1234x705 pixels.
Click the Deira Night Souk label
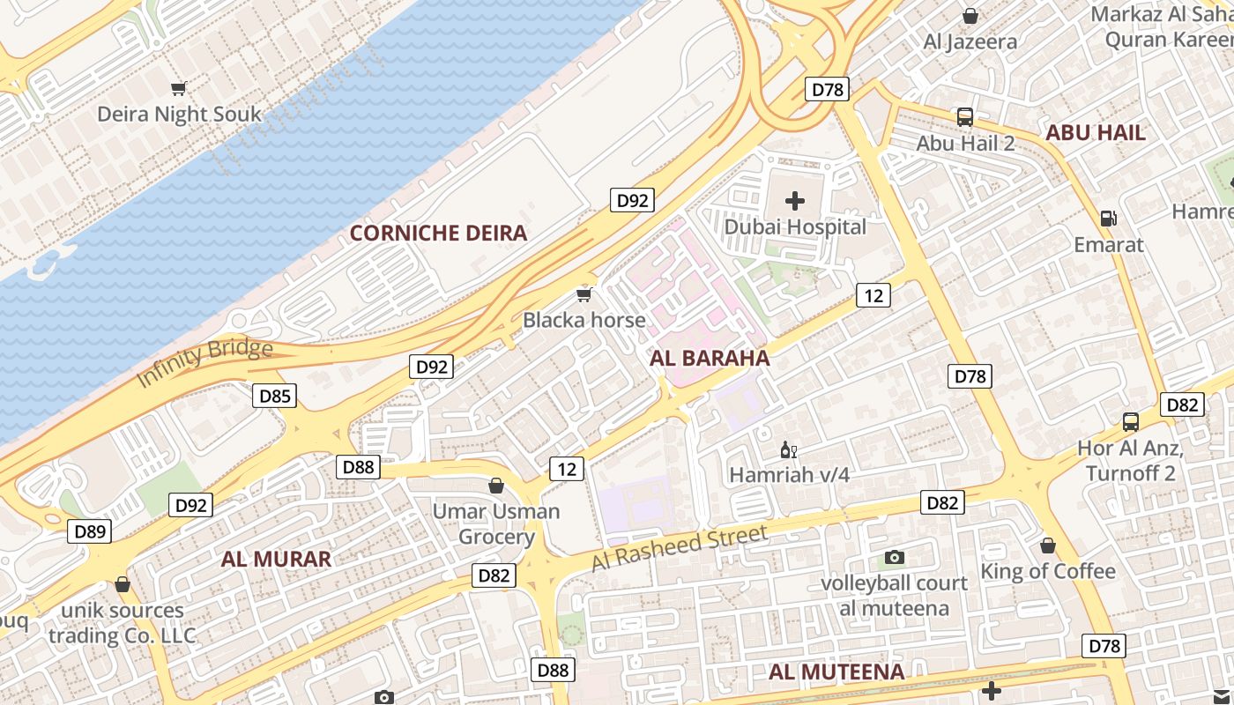coord(179,114)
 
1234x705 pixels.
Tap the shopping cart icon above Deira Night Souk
coord(179,88)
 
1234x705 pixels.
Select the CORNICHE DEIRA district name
coord(438,233)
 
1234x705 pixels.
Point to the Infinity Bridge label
coord(204,362)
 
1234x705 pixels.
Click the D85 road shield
coord(275,396)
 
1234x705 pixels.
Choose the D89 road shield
coord(90,531)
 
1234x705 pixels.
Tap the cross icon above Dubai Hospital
coord(795,201)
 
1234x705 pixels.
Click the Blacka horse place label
coord(584,320)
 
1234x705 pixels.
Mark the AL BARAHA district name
coord(710,358)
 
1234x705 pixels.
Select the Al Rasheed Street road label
coord(679,548)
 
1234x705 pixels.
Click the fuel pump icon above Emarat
coord(1108,218)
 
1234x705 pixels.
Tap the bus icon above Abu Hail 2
coord(965,116)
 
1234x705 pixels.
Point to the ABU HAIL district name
coord(1095,132)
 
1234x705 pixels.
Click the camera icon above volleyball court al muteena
coord(895,557)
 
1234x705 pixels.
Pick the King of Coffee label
coord(1048,571)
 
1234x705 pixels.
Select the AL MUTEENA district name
coord(836,672)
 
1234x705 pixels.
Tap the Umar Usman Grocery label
coord(496,523)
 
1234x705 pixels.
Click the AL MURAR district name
coord(276,559)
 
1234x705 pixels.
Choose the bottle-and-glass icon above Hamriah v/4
coord(789,450)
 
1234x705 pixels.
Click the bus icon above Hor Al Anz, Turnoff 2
coord(1131,421)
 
